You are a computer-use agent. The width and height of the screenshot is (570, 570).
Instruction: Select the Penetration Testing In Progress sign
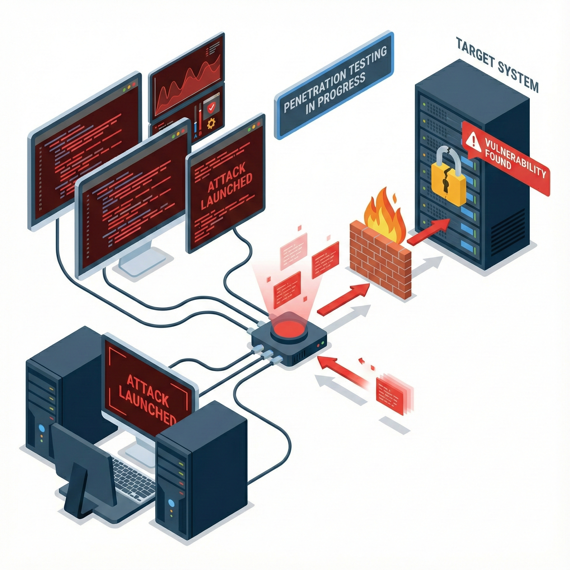(x=333, y=85)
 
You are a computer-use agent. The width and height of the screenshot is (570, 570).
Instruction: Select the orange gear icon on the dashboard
(x=211, y=124)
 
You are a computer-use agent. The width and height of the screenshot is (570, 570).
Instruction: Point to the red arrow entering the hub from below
(x=342, y=370)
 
